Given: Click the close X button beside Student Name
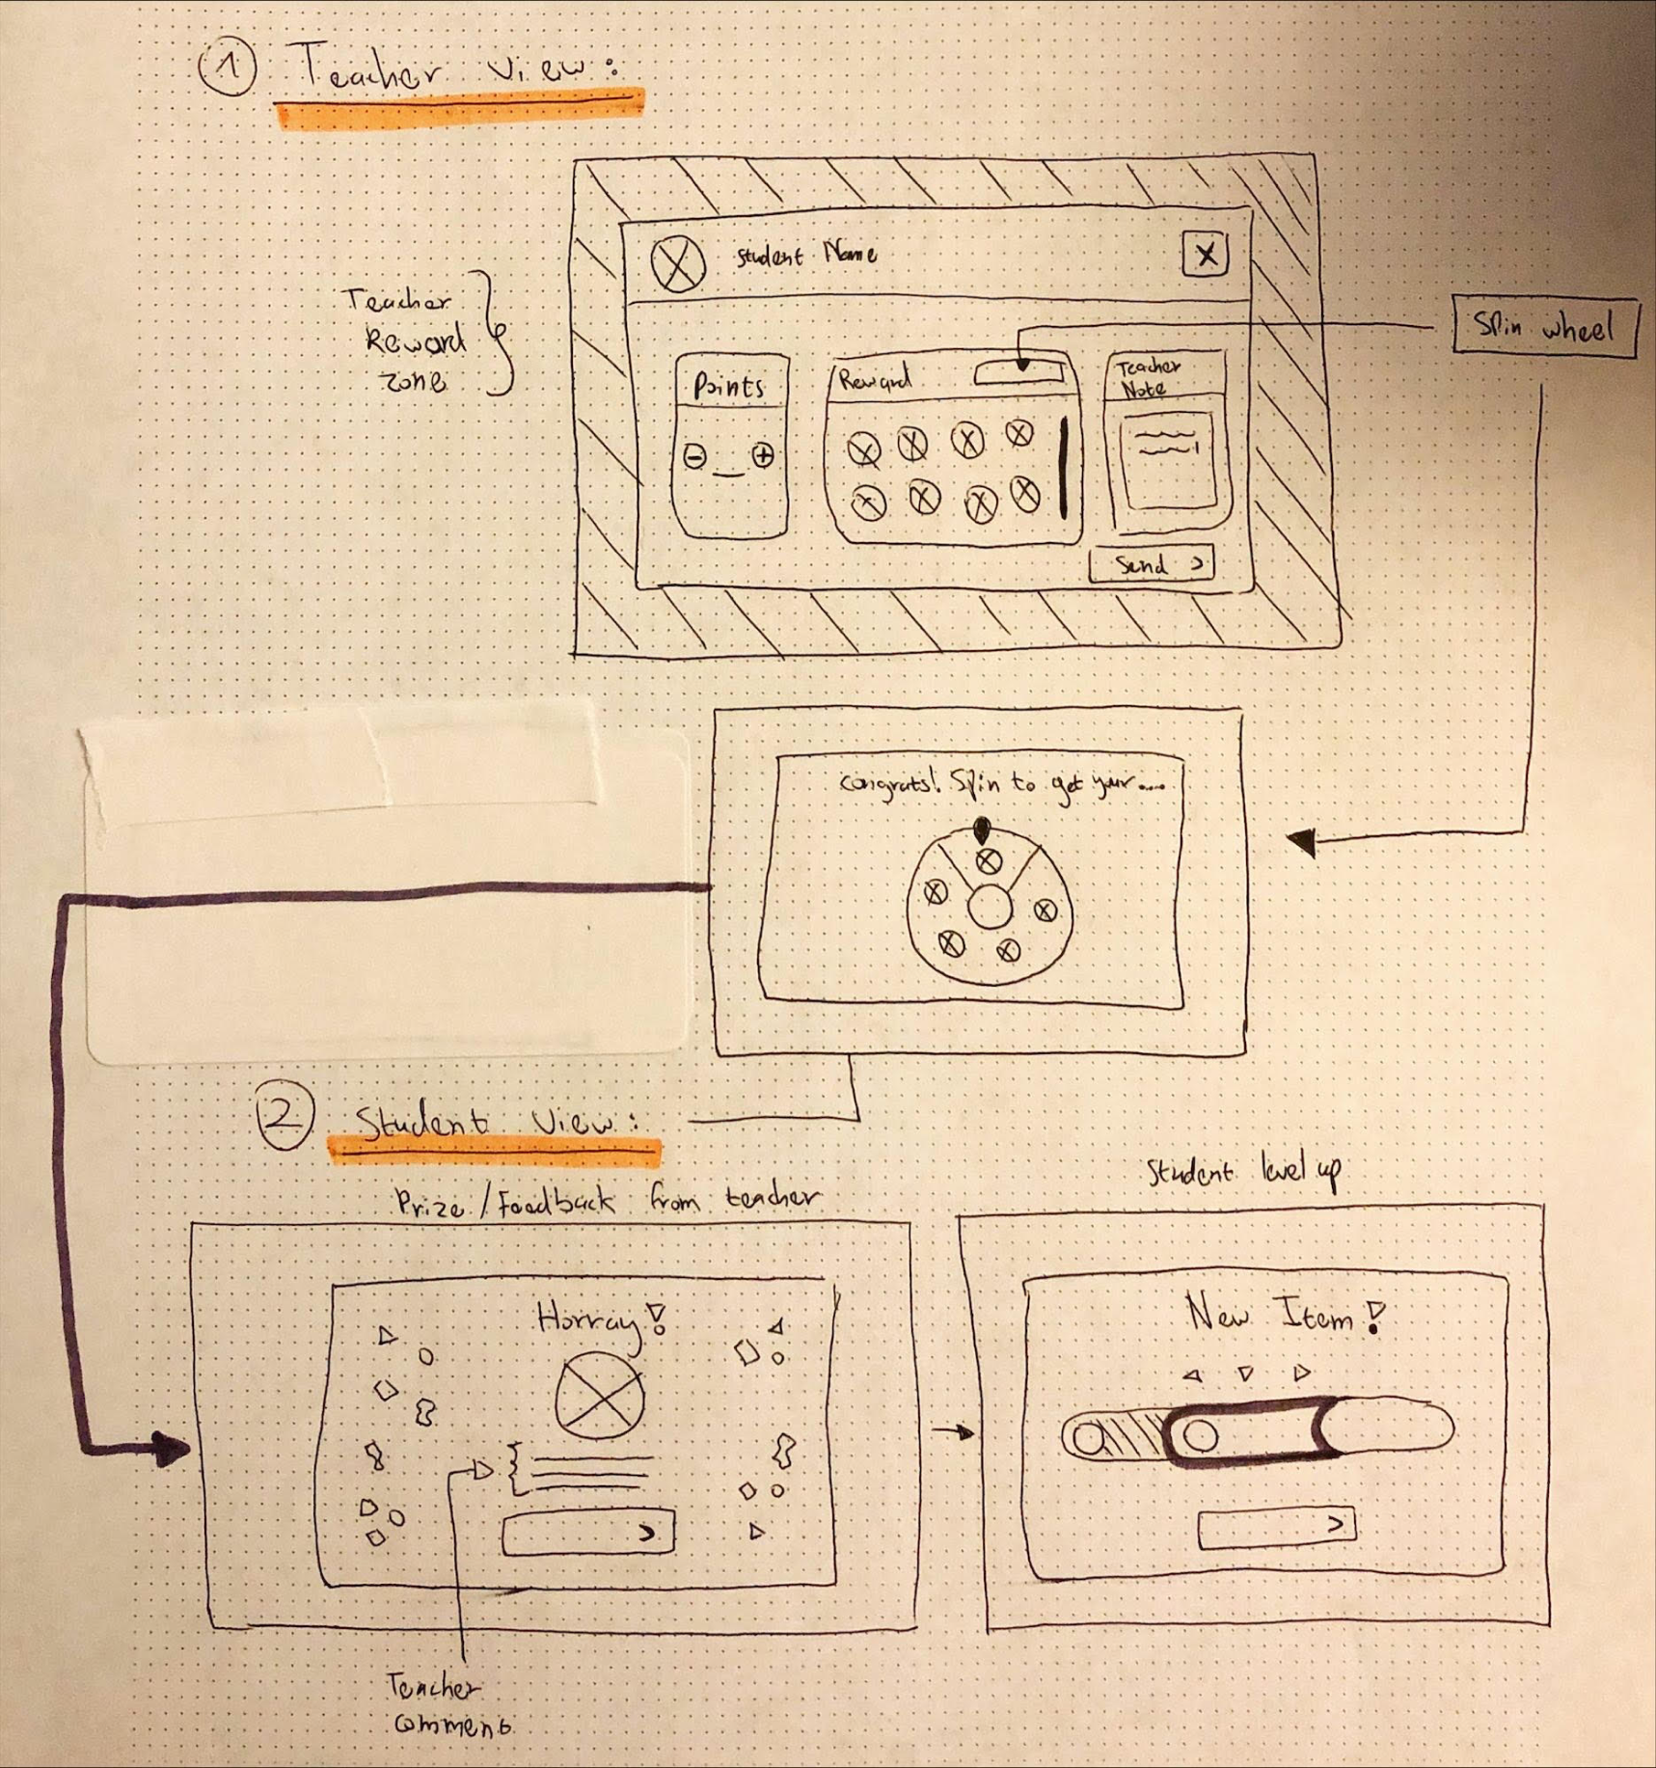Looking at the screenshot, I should coord(1205,255).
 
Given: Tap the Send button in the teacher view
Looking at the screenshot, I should coord(1151,564).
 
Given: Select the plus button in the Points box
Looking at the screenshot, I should coord(763,455).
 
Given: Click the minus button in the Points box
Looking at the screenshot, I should coord(694,456).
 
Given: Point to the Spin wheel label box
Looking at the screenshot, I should coord(1544,327).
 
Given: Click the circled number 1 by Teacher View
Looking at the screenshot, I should coord(228,68).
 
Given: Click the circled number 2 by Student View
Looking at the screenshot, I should coord(285,1116).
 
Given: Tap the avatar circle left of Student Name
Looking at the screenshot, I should coord(678,263).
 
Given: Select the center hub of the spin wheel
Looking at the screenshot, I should coord(990,908).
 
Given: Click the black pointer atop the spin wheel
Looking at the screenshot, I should coord(982,829).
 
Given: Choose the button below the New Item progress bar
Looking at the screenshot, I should coord(1276,1527).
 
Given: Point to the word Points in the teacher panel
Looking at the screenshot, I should coord(729,387).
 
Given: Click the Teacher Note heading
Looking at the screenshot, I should coord(1148,377).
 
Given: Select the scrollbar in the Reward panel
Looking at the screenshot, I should coord(1064,468).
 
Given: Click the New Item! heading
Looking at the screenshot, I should coord(1284,1315).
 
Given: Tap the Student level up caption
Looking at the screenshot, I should coord(1243,1172).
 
